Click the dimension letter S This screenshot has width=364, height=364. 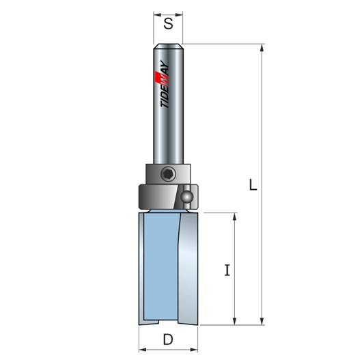coord(168,24)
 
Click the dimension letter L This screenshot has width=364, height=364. coord(253,184)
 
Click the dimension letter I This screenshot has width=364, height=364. coord(227,270)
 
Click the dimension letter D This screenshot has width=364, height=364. coord(168,339)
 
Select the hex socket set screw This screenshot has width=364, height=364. coord(168,174)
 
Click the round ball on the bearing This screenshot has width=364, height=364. coord(187,197)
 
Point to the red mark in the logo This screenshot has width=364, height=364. coord(159,79)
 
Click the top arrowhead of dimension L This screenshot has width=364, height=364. coord(262,48)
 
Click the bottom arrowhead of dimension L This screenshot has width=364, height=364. coord(262,321)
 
